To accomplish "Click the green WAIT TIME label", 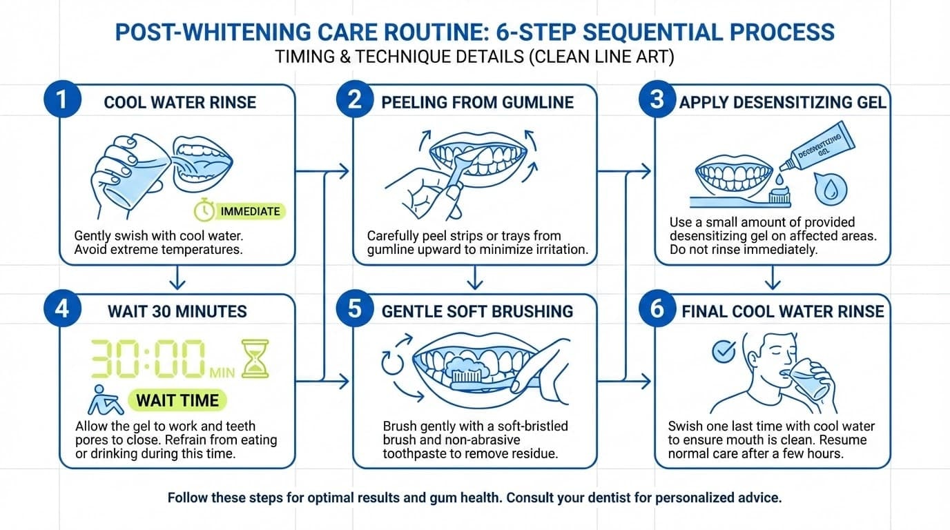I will point(177,400).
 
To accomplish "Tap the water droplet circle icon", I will point(828,189).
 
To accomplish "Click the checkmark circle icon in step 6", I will point(723,351).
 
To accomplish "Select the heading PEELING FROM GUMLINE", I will point(477,103).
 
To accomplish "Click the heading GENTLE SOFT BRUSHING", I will point(477,311).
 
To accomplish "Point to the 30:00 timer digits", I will point(148,360).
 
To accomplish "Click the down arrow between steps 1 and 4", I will point(178,279).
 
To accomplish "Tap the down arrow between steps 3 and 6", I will point(773,279).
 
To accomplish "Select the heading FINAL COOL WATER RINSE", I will point(782,311).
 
